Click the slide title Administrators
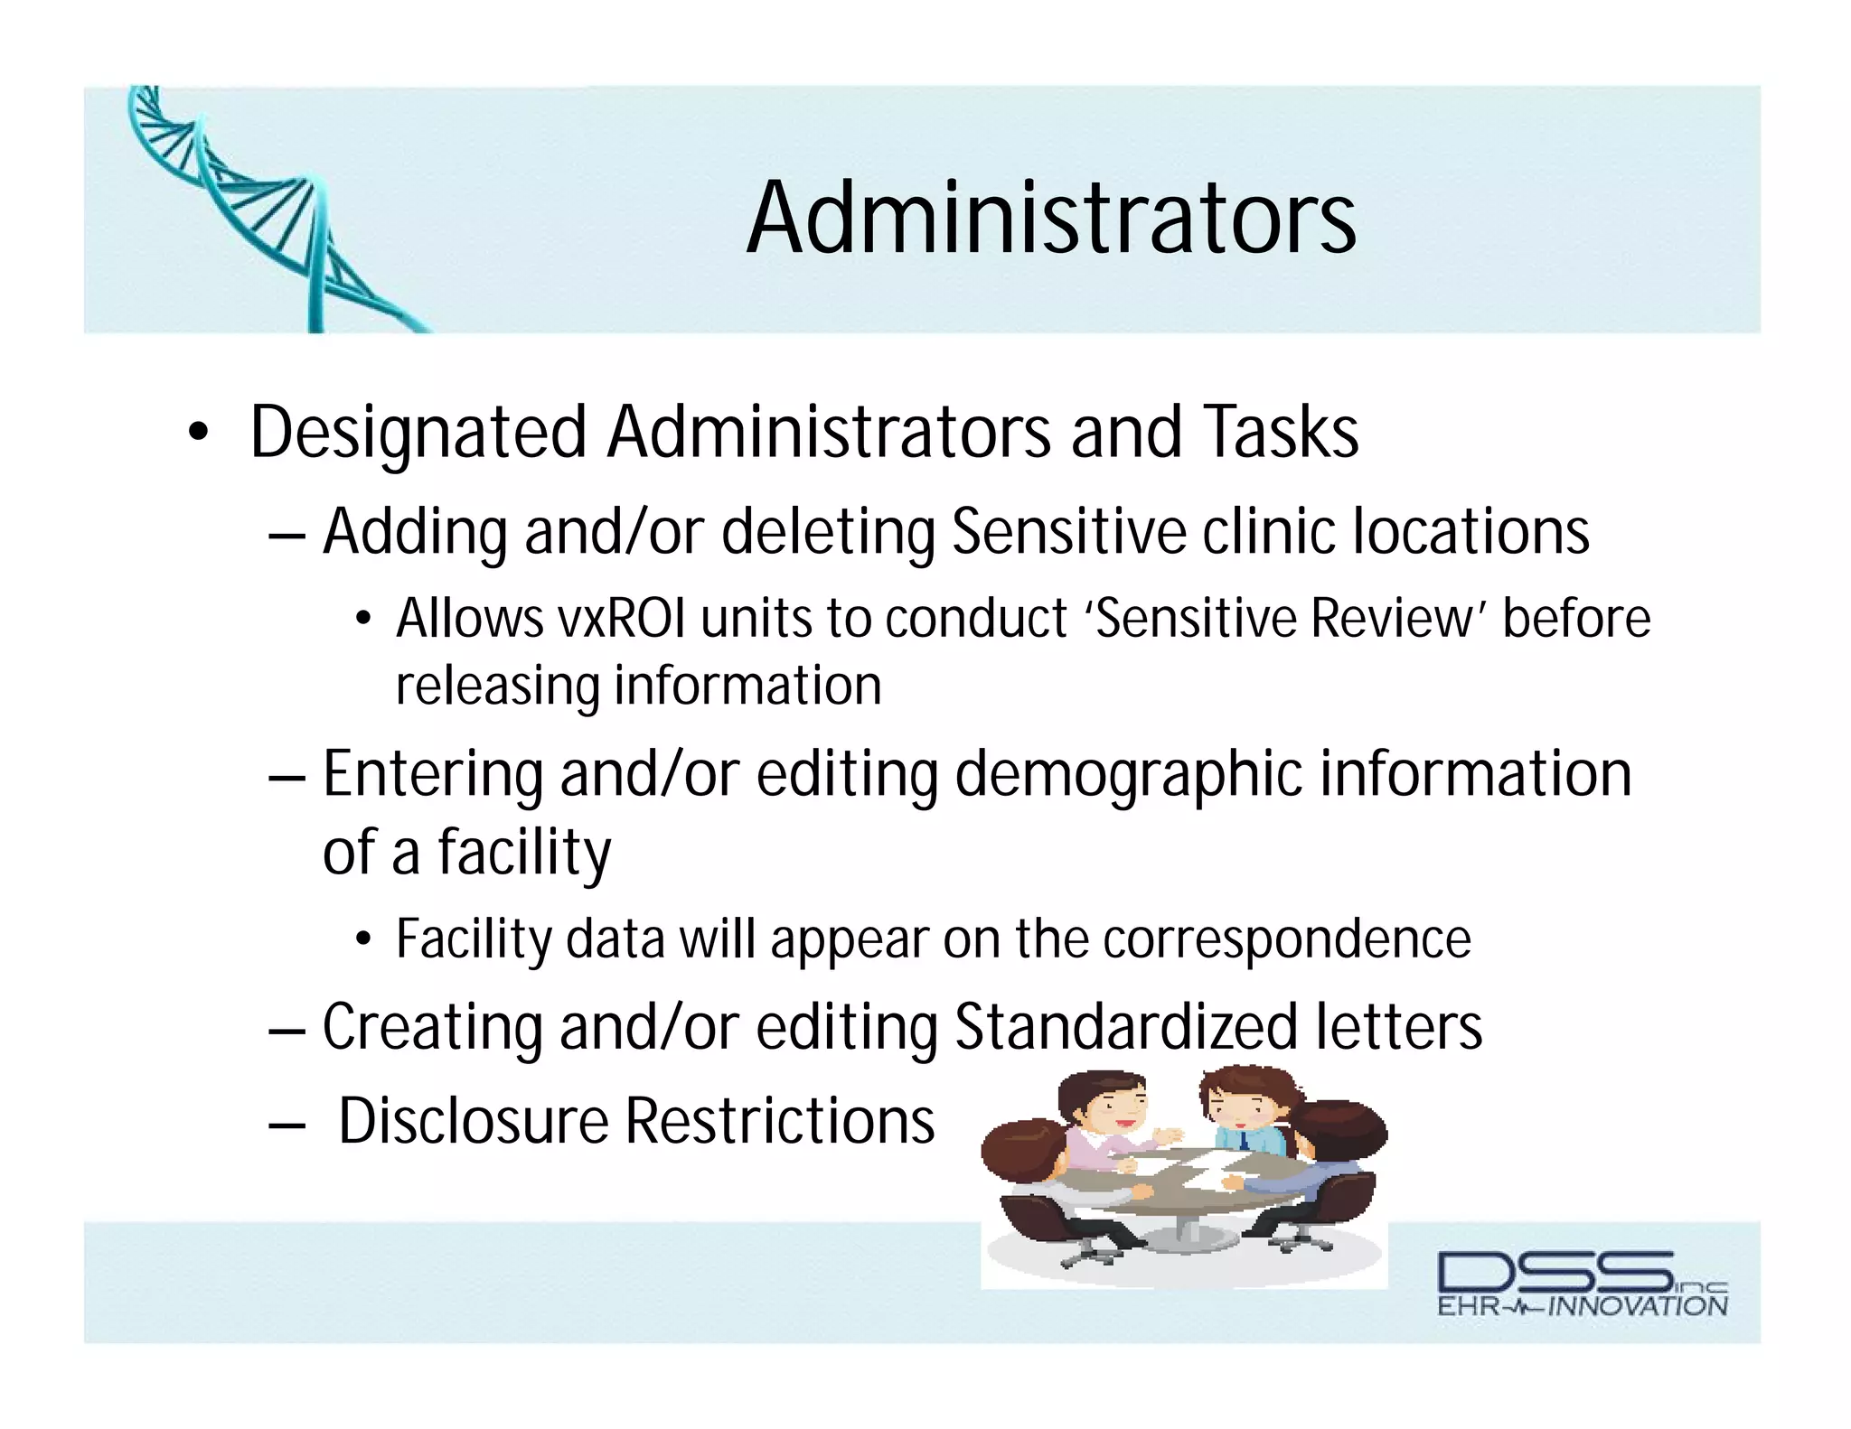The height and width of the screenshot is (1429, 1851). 1051,219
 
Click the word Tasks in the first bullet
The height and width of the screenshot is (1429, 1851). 1282,433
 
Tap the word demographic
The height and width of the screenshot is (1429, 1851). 1128,775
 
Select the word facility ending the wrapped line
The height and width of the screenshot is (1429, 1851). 524,853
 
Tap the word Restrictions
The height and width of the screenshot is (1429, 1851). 779,1121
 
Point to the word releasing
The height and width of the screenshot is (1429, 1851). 497,686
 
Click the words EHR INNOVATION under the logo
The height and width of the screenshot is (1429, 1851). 1582,1306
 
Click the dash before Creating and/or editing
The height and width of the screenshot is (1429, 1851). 287,1029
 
